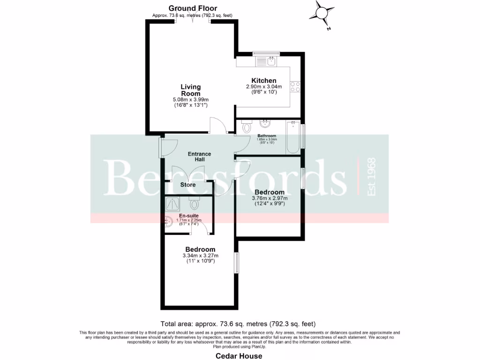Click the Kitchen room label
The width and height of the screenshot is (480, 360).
tap(264, 81)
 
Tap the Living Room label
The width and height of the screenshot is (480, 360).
tap(191, 90)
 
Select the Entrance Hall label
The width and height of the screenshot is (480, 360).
tap(199, 157)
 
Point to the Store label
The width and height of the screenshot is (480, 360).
tap(188, 185)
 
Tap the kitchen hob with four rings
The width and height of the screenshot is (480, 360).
tap(295, 87)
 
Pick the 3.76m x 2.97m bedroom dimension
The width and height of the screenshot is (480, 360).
tap(270, 198)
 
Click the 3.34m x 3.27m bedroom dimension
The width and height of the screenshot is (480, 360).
tap(200, 255)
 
